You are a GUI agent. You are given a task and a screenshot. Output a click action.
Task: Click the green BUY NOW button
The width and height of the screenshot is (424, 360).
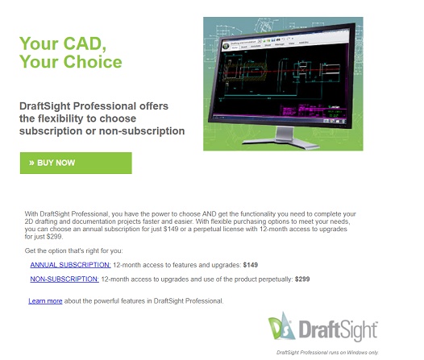coord(76,163)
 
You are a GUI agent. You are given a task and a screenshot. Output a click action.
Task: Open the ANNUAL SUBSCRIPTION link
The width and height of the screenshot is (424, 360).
coord(70,265)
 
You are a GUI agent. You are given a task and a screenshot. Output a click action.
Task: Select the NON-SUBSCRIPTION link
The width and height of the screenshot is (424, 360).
coord(64,279)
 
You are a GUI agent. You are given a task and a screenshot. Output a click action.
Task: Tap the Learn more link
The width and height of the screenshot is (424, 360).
coord(45,301)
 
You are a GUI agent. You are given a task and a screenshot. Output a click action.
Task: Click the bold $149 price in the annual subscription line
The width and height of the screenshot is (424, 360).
coord(251,265)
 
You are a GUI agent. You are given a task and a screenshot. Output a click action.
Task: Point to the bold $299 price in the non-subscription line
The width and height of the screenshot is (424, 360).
coord(302,279)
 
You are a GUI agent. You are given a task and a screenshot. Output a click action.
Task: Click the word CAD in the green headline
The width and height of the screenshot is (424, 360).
coord(85,43)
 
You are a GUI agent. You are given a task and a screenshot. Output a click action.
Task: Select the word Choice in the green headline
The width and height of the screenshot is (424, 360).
coord(93,61)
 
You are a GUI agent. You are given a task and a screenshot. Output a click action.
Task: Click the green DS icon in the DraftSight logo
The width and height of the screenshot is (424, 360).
coord(281,326)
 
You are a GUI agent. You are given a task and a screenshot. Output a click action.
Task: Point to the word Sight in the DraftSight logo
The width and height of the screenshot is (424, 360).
coord(358,330)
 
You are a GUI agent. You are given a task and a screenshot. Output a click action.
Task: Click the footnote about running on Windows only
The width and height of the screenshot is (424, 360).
coord(327,353)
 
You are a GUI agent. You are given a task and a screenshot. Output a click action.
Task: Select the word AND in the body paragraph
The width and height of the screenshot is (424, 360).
coord(210,214)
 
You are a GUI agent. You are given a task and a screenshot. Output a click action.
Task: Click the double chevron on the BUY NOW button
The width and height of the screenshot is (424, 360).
coord(31,163)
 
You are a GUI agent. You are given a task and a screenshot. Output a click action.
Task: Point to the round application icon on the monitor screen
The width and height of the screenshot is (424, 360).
coord(226,46)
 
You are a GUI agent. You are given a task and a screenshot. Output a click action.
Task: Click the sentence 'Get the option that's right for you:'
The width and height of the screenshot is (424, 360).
coord(73,251)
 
